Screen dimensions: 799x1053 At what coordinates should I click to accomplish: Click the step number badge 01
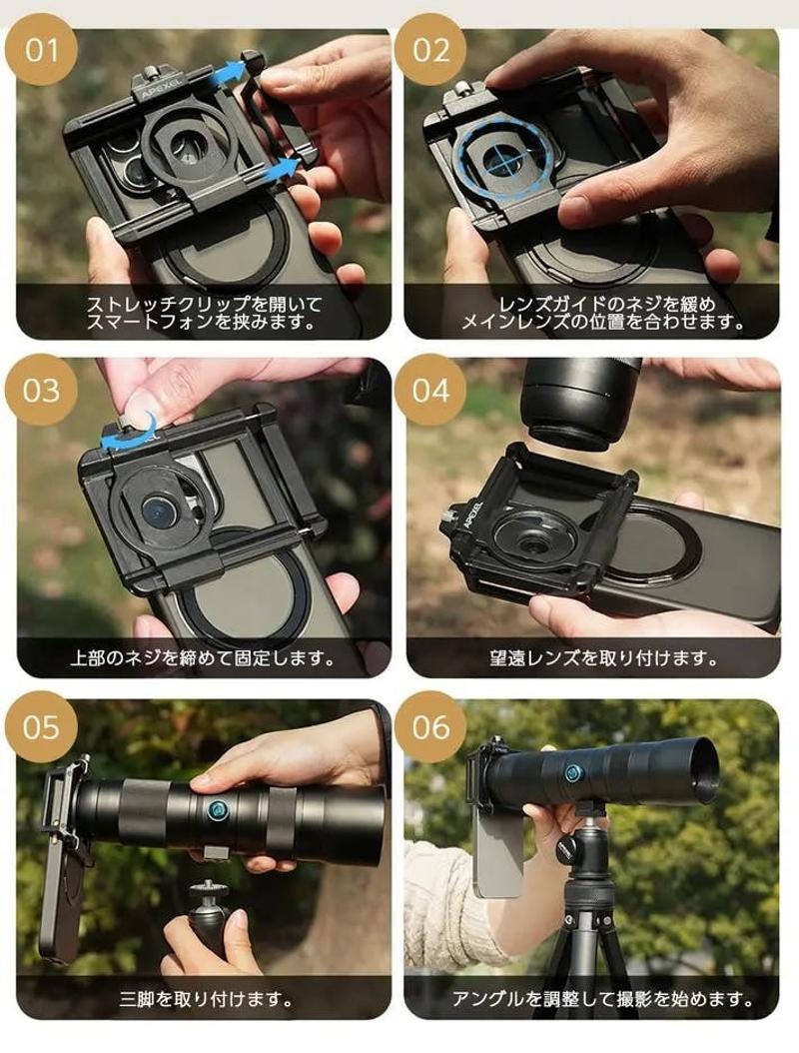(42, 51)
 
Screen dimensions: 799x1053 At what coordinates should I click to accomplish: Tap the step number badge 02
(430, 51)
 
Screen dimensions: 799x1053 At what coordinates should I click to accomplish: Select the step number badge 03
(42, 391)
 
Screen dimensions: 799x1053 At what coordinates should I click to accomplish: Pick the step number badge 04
(430, 391)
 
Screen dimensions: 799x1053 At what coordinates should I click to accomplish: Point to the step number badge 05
(42, 727)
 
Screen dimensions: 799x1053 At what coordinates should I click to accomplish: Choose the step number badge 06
(430, 727)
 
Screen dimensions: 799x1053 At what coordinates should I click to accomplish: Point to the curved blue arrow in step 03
(128, 434)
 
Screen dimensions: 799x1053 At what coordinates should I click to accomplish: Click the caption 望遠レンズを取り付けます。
(602, 658)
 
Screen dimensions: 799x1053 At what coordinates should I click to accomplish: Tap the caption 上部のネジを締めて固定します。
(202, 658)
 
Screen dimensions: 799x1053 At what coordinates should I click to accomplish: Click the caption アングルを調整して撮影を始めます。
(602, 999)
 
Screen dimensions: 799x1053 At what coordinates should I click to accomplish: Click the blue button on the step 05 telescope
(218, 809)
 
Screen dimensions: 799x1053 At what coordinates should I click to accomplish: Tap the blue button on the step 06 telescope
(572, 772)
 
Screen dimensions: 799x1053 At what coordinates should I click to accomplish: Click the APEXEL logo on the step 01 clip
(159, 89)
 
